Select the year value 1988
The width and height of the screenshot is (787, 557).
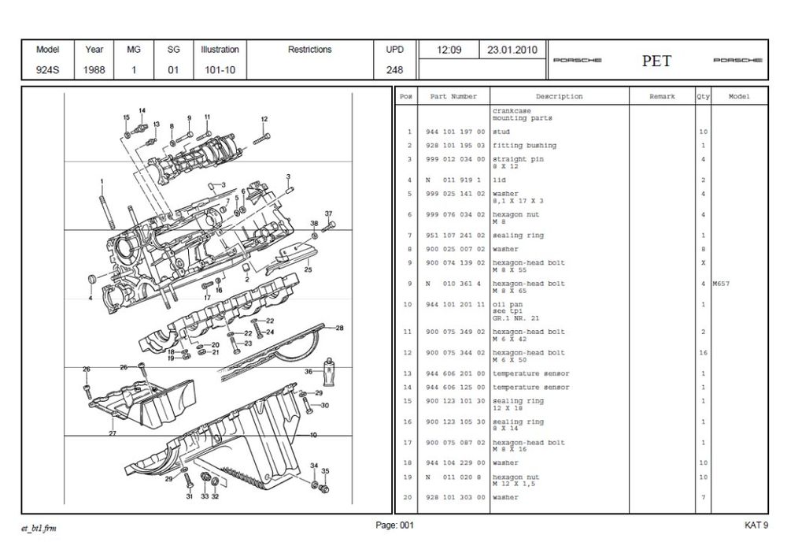pos(94,69)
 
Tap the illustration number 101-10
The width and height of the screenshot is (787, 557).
pos(219,69)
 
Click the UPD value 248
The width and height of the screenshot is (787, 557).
pos(394,69)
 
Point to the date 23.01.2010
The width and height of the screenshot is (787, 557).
pos(512,50)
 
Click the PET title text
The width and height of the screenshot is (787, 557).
pos(656,61)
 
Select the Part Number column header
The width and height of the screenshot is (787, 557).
pos(453,97)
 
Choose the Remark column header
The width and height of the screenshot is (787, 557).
pos(662,97)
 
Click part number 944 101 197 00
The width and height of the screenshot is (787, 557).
pos(456,132)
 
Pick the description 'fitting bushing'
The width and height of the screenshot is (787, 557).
pos(524,146)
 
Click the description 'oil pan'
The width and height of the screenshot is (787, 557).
pos(507,304)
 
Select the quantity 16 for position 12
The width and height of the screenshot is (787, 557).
pos(702,353)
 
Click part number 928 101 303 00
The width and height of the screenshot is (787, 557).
pos(456,498)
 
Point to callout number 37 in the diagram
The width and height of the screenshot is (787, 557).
pos(329,214)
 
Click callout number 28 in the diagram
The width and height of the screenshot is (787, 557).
pos(340,327)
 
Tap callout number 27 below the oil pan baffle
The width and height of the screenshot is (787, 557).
pos(113,433)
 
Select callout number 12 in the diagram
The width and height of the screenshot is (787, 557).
pos(264,119)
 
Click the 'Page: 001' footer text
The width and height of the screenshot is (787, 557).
pos(394,525)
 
